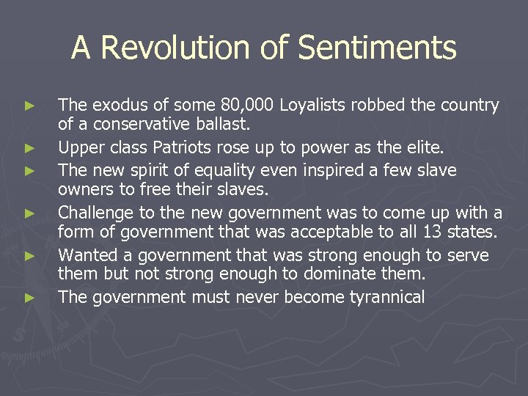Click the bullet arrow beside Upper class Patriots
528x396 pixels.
pyautogui.click(x=29, y=148)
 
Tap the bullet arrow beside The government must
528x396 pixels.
pyautogui.click(x=29, y=298)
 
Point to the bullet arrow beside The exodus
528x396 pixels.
pyautogui.click(x=29, y=106)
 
